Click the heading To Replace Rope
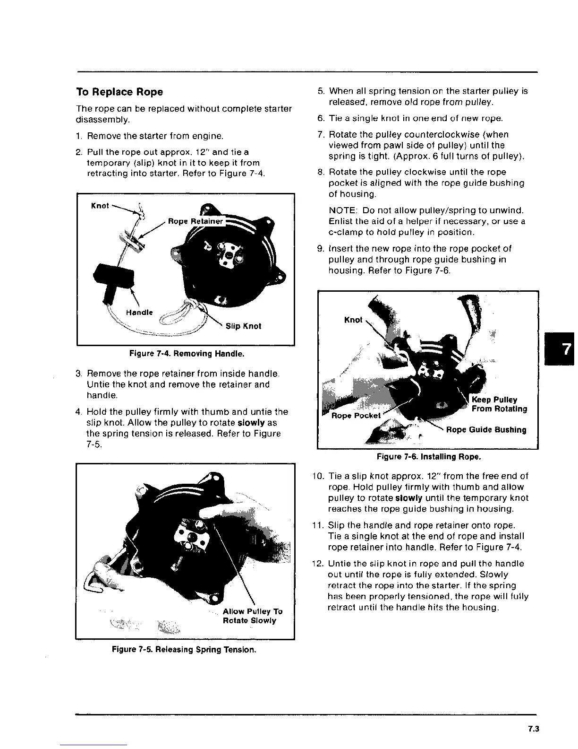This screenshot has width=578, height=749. coord(119,92)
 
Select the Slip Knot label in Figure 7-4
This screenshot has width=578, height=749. coord(243,326)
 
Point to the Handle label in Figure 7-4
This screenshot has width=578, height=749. coord(139,312)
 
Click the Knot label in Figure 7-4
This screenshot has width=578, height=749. coord(100,206)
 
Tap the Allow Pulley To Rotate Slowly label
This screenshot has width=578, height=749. coord(252,616)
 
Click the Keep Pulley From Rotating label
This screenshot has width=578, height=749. coord(499,404)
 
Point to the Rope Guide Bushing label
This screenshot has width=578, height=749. coord(486,429)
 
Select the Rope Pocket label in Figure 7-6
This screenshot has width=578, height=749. coord(356,416)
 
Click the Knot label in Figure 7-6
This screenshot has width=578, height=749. coord(353,320)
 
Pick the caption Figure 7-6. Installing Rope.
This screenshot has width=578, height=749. coord(429,457)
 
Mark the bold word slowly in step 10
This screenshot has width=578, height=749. coord(408,498)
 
